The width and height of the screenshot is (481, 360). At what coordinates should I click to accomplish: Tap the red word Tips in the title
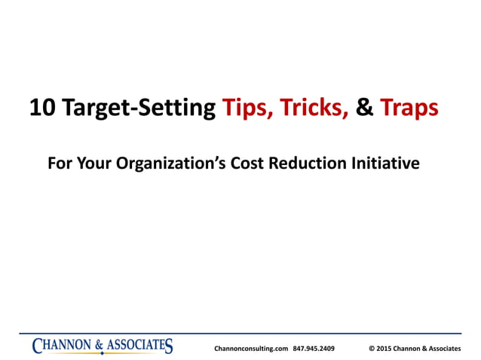(247, 108)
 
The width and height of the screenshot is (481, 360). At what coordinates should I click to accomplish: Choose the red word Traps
(409, 108)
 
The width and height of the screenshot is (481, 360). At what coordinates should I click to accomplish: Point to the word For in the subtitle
(59, 163)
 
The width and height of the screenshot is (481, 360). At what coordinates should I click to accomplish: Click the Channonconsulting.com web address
(251, 349)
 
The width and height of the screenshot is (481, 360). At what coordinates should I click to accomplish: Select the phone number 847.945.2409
(314, 349)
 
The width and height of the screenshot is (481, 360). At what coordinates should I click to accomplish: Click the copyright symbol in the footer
(372, 349)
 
